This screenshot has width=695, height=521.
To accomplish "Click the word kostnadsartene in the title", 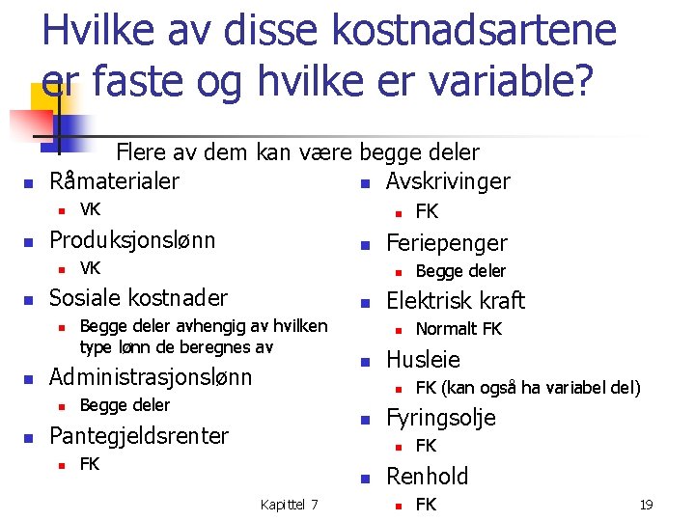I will (x=473, y=30).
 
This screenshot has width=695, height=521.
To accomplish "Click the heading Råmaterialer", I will (x=114, y=181).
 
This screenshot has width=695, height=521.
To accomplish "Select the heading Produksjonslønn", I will (x=132, y=239).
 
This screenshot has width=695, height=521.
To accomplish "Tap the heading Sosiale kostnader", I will (x=138, y=297).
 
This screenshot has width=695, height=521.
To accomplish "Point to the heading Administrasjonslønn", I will (x=150, y=376).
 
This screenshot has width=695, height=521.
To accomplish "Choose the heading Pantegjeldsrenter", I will (x=139, y=435).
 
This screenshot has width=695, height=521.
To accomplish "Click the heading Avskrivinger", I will (x=448, y=181).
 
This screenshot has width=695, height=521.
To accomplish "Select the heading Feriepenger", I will (x=446, y=242).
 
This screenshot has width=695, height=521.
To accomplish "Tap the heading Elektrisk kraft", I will (x=456, y=300).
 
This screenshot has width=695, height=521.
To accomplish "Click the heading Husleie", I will (x=423, y=359).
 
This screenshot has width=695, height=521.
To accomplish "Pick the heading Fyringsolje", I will (x=441, y=418).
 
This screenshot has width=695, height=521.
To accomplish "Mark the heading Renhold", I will (x=427, y=476).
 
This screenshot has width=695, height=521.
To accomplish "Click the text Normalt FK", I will (x=459, y=329).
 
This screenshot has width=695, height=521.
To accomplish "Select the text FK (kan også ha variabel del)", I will (x=527, y=388).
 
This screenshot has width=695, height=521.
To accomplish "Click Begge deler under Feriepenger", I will (x=460, y=271).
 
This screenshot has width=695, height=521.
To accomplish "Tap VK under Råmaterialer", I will (x=90, y=210).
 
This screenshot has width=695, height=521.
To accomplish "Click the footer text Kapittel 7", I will (x=290, y=505).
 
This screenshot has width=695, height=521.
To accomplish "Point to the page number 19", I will (x=646, y=505).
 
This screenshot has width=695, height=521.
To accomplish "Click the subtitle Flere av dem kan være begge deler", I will (x=297, y=152).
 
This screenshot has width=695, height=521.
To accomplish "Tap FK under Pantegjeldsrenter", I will (x=90, y=464).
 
